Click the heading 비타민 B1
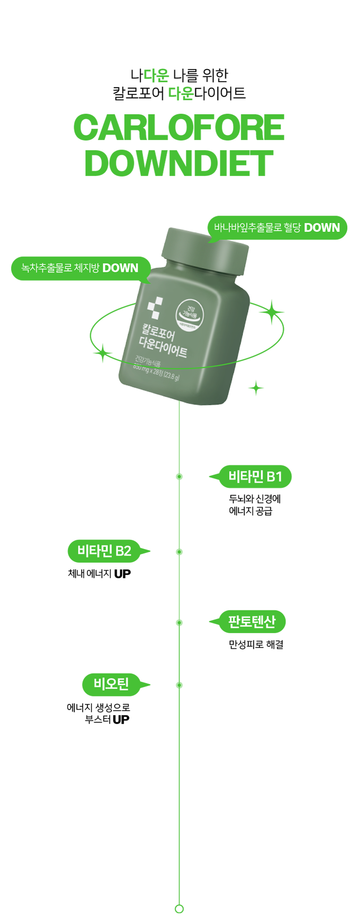click(x=255, y=477)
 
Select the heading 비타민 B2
click(x=104, y=551)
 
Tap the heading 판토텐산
click(x=252, y=621)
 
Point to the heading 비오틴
click(x=111, y=684)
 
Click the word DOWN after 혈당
click(x=322, y=228)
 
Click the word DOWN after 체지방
click(x=120, y=268)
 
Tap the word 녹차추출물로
click(x=47, y=268)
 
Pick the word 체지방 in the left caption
click(x=87, y=268)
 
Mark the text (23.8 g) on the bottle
click(x=171, y=376)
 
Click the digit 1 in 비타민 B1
click(x=278, y=477)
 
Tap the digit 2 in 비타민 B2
click(x=126, y=551)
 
